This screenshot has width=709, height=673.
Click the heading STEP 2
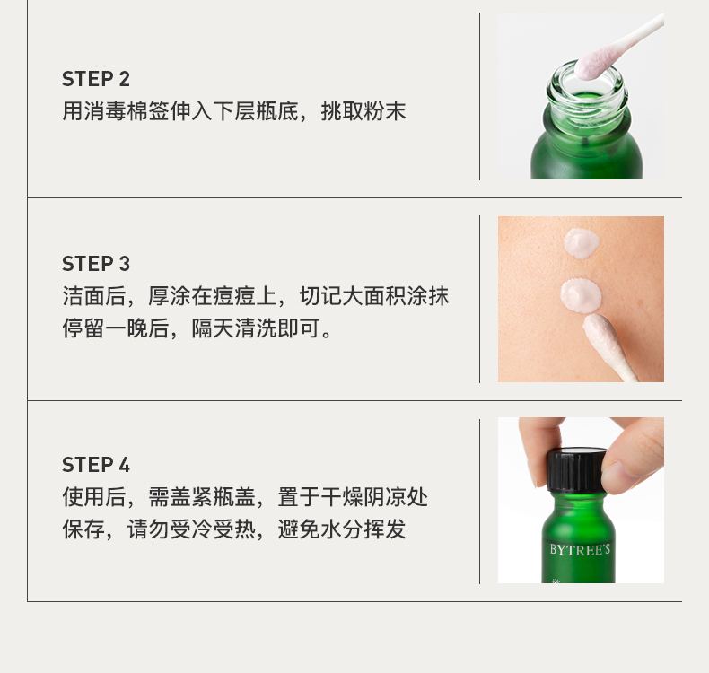click(96, 79)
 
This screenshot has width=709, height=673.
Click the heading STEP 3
click(96, 264)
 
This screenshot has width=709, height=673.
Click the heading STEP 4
click(96, 465)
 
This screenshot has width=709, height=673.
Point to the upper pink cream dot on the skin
click(582, 243)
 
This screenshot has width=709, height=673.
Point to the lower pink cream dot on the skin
click(581, 295)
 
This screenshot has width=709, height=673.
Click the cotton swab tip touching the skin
click(598, 332)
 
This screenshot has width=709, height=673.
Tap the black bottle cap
click(576, 469)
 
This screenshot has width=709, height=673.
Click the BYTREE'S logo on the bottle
click(580, 549)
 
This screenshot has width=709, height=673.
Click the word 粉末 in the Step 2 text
click(385, 111)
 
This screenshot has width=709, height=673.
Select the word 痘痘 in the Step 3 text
click(234, 296)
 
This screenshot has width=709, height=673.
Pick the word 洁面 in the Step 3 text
click(83, 296)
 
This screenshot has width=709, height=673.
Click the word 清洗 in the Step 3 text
click(256, 328)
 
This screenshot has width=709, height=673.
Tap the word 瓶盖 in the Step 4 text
click(234, 497)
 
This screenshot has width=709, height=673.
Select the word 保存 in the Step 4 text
click(83, 529)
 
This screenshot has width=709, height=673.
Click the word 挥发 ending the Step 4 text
click(385, 529)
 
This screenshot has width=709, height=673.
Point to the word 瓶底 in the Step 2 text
click(277, 111)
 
